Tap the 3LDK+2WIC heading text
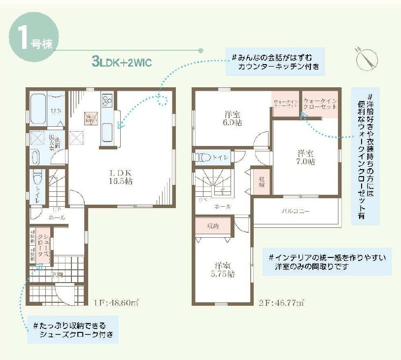pyautogui.click(x=121, y=62)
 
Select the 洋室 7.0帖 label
pyautogui.click(x=306, y=157)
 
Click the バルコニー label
pyautogui.click(x=296, y=211)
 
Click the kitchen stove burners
pyautogui.click(x=107, y=101)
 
